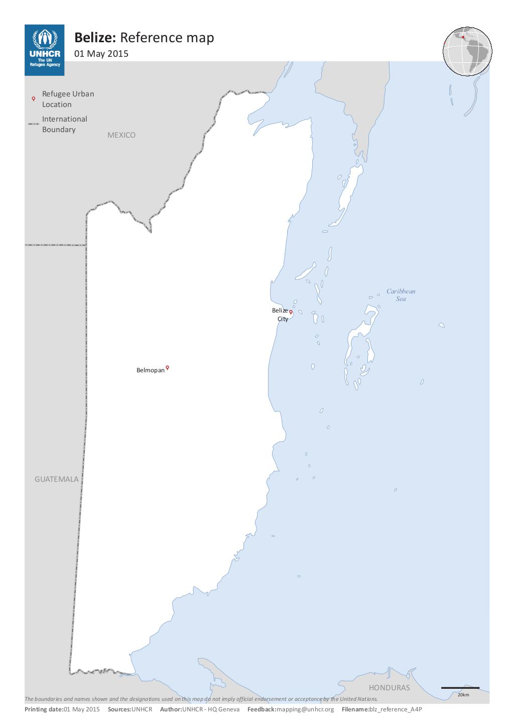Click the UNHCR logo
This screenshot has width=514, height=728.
(44, 50)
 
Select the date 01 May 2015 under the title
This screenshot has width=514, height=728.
(101, 54)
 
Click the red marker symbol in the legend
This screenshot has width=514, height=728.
(34, 99)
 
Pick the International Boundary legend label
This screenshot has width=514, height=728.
(64, 124)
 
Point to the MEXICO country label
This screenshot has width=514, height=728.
(121, 135)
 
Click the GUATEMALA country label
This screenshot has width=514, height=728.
(57, 479)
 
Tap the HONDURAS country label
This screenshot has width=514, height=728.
(389, 688)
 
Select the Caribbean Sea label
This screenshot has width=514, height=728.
(401, 295)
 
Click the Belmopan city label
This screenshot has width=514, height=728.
(150, 370)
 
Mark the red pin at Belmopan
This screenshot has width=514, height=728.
(167, 368)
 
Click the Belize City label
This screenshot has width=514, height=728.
(280, 315)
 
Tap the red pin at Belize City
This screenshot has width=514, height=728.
(291, 312)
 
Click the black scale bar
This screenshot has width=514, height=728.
(460, 688)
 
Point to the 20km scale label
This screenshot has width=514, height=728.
(463, 695)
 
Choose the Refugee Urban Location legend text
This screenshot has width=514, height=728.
(68, 99)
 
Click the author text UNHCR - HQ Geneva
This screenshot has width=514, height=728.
(211, 709)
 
